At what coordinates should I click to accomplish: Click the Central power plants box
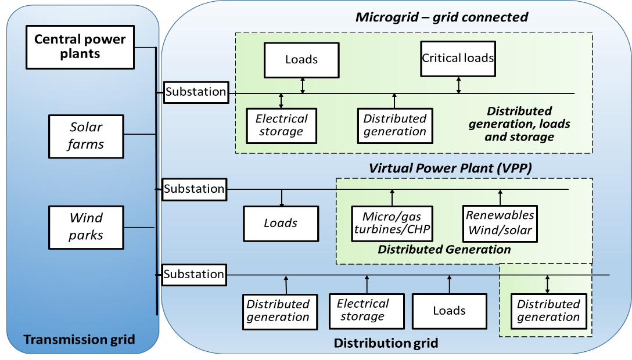[80, 46]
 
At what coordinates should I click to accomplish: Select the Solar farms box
[86, 136]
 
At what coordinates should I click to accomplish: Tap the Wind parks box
[86, 226]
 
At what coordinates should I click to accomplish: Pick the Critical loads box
[458, 58]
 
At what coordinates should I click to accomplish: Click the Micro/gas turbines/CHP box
[392, 224]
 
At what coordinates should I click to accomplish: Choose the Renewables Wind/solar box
[500, 223]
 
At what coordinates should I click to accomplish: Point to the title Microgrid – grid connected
[441, 17]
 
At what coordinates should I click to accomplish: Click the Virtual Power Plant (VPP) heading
[451, 168]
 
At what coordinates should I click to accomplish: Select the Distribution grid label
[386, 343]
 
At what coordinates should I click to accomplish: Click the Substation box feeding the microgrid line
[196, 92]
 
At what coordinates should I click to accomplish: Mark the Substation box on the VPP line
[194, 189]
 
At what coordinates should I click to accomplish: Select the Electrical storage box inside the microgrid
[282, 125]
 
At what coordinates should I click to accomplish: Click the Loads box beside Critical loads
[301, 60]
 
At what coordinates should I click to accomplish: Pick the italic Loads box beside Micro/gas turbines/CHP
[281, 224]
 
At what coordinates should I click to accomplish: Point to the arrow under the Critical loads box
[459, 85]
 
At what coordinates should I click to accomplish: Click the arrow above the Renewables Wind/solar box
[500, 197]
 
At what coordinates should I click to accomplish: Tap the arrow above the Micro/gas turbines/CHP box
[392, 197]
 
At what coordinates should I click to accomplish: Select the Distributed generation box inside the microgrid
[395, 125]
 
